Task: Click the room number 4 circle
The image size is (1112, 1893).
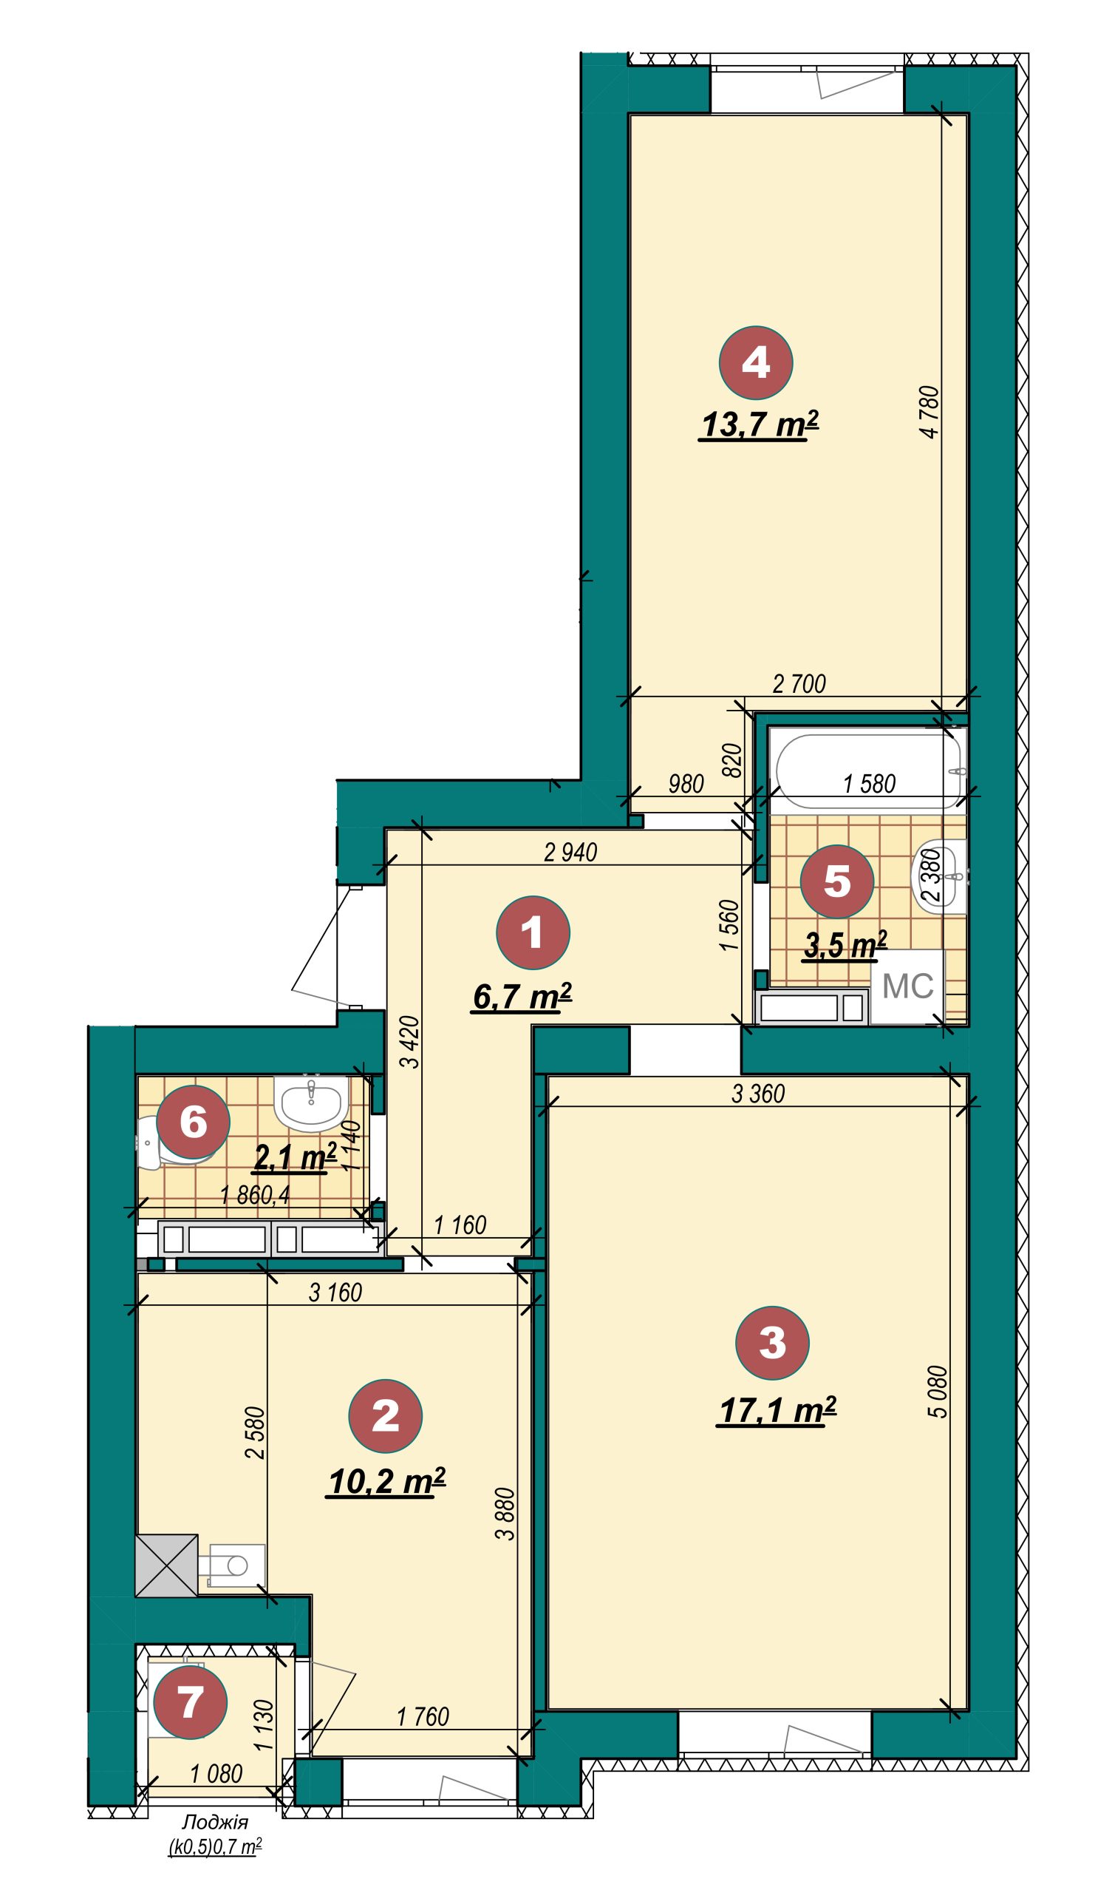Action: tap(755, 363)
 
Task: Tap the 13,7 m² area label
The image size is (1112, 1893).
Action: tap(759, 425)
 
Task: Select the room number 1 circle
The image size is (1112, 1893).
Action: tap(533, 932)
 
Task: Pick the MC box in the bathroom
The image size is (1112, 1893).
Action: tap(907, 986)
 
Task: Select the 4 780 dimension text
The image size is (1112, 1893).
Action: tap(929, 412)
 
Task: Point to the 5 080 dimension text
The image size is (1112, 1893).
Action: tap(938, 1391)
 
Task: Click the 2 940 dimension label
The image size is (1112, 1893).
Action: tap(570, 852)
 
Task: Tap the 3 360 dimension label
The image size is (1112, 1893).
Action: tap(758, 1094)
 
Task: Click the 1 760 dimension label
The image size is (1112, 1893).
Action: tap(423, 1716)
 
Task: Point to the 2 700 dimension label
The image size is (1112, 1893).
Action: tap(799, 683)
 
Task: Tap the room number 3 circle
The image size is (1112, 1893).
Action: tap(773, 1342)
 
